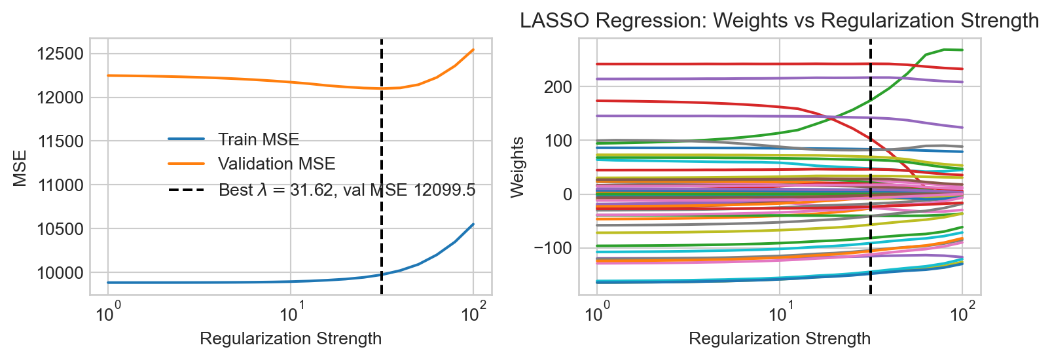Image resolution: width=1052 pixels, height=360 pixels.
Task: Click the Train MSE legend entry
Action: point(259,139)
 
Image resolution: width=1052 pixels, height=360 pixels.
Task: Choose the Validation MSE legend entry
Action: point(276,164)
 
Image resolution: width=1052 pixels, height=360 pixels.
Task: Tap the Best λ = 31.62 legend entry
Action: point(347,190)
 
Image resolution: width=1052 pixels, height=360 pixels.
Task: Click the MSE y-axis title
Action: point(20,168)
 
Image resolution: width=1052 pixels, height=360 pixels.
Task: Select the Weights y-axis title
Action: point(517,167)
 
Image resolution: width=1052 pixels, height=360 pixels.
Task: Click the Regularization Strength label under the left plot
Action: point(291,338)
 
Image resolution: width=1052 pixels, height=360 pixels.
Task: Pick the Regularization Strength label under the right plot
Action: point(780,338)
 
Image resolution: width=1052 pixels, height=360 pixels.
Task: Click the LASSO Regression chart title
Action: point(779,21)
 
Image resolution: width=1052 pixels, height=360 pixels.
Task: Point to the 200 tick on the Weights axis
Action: point(558,87)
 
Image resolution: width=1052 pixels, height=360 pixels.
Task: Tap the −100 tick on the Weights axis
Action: point(553,248)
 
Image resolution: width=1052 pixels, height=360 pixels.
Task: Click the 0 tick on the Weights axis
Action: point(567,194)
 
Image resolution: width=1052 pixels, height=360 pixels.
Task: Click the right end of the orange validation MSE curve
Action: point(473,50)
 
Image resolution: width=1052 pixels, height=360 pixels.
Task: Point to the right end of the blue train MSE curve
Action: point(473,225)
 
